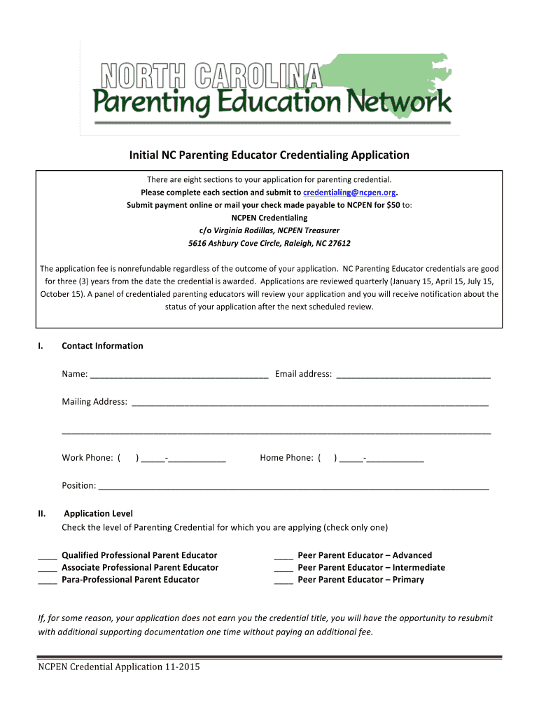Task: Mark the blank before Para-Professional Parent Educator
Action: point(47,580)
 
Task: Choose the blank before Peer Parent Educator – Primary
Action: point(283,580)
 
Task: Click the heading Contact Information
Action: point(102,346)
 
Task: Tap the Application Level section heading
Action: point(98,514)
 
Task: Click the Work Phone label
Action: point(87,458)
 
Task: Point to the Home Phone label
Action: point(286,458)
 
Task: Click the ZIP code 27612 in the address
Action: point(337,244)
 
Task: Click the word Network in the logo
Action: point(406,104)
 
